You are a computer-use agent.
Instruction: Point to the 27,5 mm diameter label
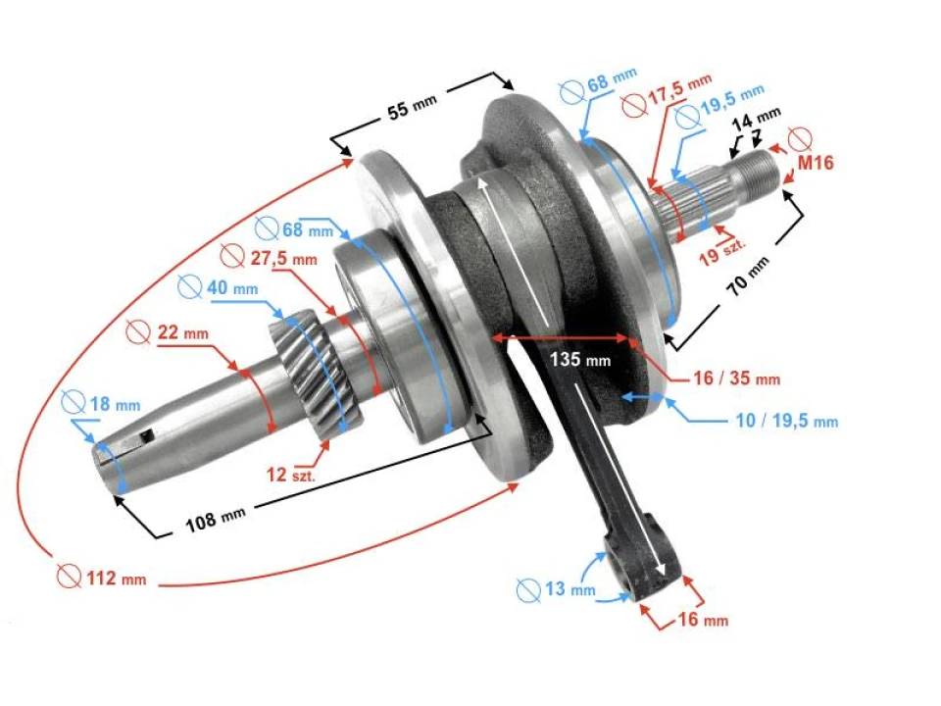tap(270, 259)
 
